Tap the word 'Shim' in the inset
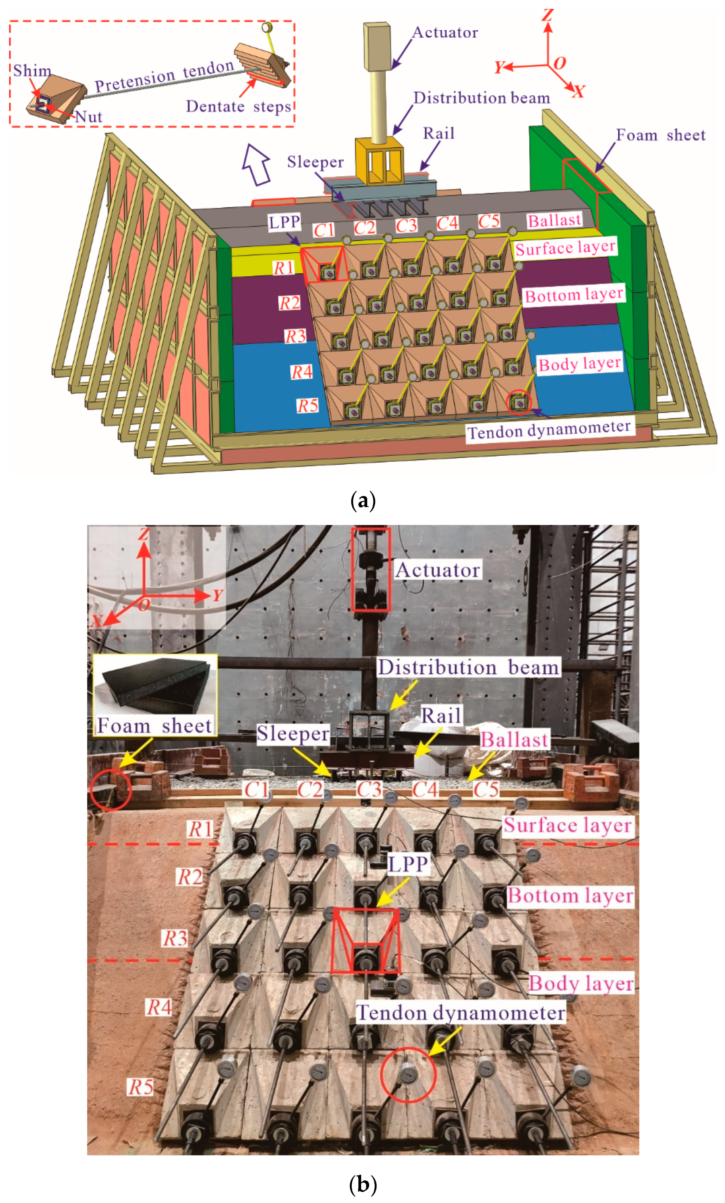coord(32,70)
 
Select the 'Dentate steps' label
coord(238,106)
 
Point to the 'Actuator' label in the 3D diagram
coord(445,33)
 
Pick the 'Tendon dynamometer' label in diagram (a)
coord(549,429)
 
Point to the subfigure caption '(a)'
coord(362,501)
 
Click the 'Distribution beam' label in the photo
coord(468,667)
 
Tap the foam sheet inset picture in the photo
coord(155,686)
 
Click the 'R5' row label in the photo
coord(140,1087)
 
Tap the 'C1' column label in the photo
coord(256,789)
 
